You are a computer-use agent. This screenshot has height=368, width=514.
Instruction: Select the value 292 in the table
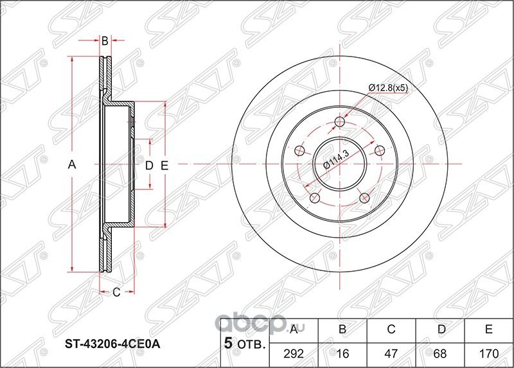click(294, 353)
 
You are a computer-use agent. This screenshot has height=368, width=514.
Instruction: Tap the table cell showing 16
click(342, 353)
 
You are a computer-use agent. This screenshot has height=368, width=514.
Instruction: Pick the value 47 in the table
click(391, 353)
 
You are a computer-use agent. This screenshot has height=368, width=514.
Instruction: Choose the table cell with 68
click(439, 353)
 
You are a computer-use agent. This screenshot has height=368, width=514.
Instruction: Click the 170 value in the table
click(488, 353)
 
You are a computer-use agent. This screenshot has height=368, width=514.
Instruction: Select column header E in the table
click(488, 330)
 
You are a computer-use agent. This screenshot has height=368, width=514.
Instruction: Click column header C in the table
click(391, 330)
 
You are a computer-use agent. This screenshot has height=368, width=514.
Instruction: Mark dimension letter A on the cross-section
click(73, 165)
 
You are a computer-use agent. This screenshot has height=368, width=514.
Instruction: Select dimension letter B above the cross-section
click(104, 41)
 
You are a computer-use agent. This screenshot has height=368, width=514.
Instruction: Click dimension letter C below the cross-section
click(116, 294)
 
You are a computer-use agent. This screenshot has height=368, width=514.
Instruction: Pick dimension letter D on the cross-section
click(148, 166)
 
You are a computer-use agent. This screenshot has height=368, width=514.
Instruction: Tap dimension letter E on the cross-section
click(164, 166)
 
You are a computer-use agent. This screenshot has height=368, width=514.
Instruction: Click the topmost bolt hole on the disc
click(341, 123)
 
